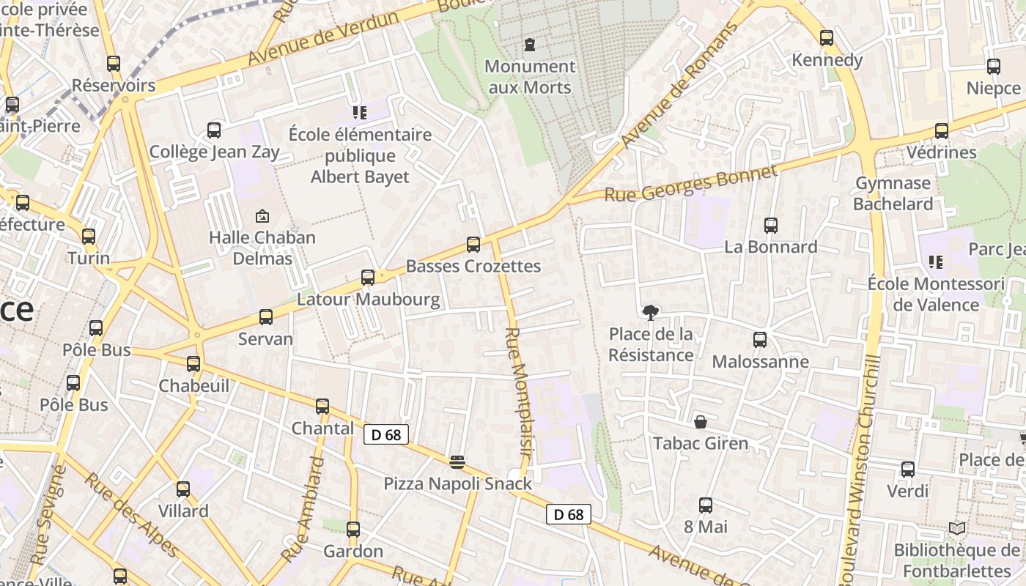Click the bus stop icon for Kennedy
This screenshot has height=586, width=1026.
click(x=827, y=38)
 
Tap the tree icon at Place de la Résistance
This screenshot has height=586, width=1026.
click(x=650, y=313)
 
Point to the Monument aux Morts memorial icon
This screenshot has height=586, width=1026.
click(x=530, y=45)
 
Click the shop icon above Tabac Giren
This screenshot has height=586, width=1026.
click(x=701, y=422)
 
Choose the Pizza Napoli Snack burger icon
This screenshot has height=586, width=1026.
click(x=457, y=461)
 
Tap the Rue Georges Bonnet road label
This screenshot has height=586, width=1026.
click(x=690, y=184)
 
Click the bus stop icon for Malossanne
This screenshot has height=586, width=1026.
click(x=760, y=340)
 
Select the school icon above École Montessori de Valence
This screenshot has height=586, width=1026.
click(x=935, y=262)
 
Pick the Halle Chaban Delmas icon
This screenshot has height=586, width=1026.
click(x=262, y=216)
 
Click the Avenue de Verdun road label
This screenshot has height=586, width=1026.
click(x=323, y=37)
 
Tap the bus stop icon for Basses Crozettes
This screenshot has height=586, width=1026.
click(x=473, y=245)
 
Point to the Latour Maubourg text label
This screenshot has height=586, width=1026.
click(x=368, y=300)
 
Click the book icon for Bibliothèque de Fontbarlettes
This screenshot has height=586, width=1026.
click(x=957, y=528)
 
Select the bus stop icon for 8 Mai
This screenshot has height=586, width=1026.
click(x=706, y=505)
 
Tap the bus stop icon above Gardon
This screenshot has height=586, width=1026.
click(x=353, y=529)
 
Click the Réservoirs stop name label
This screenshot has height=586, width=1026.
click(x=114, y=85)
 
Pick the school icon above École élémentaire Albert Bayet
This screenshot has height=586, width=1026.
click(x=359, y=113)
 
